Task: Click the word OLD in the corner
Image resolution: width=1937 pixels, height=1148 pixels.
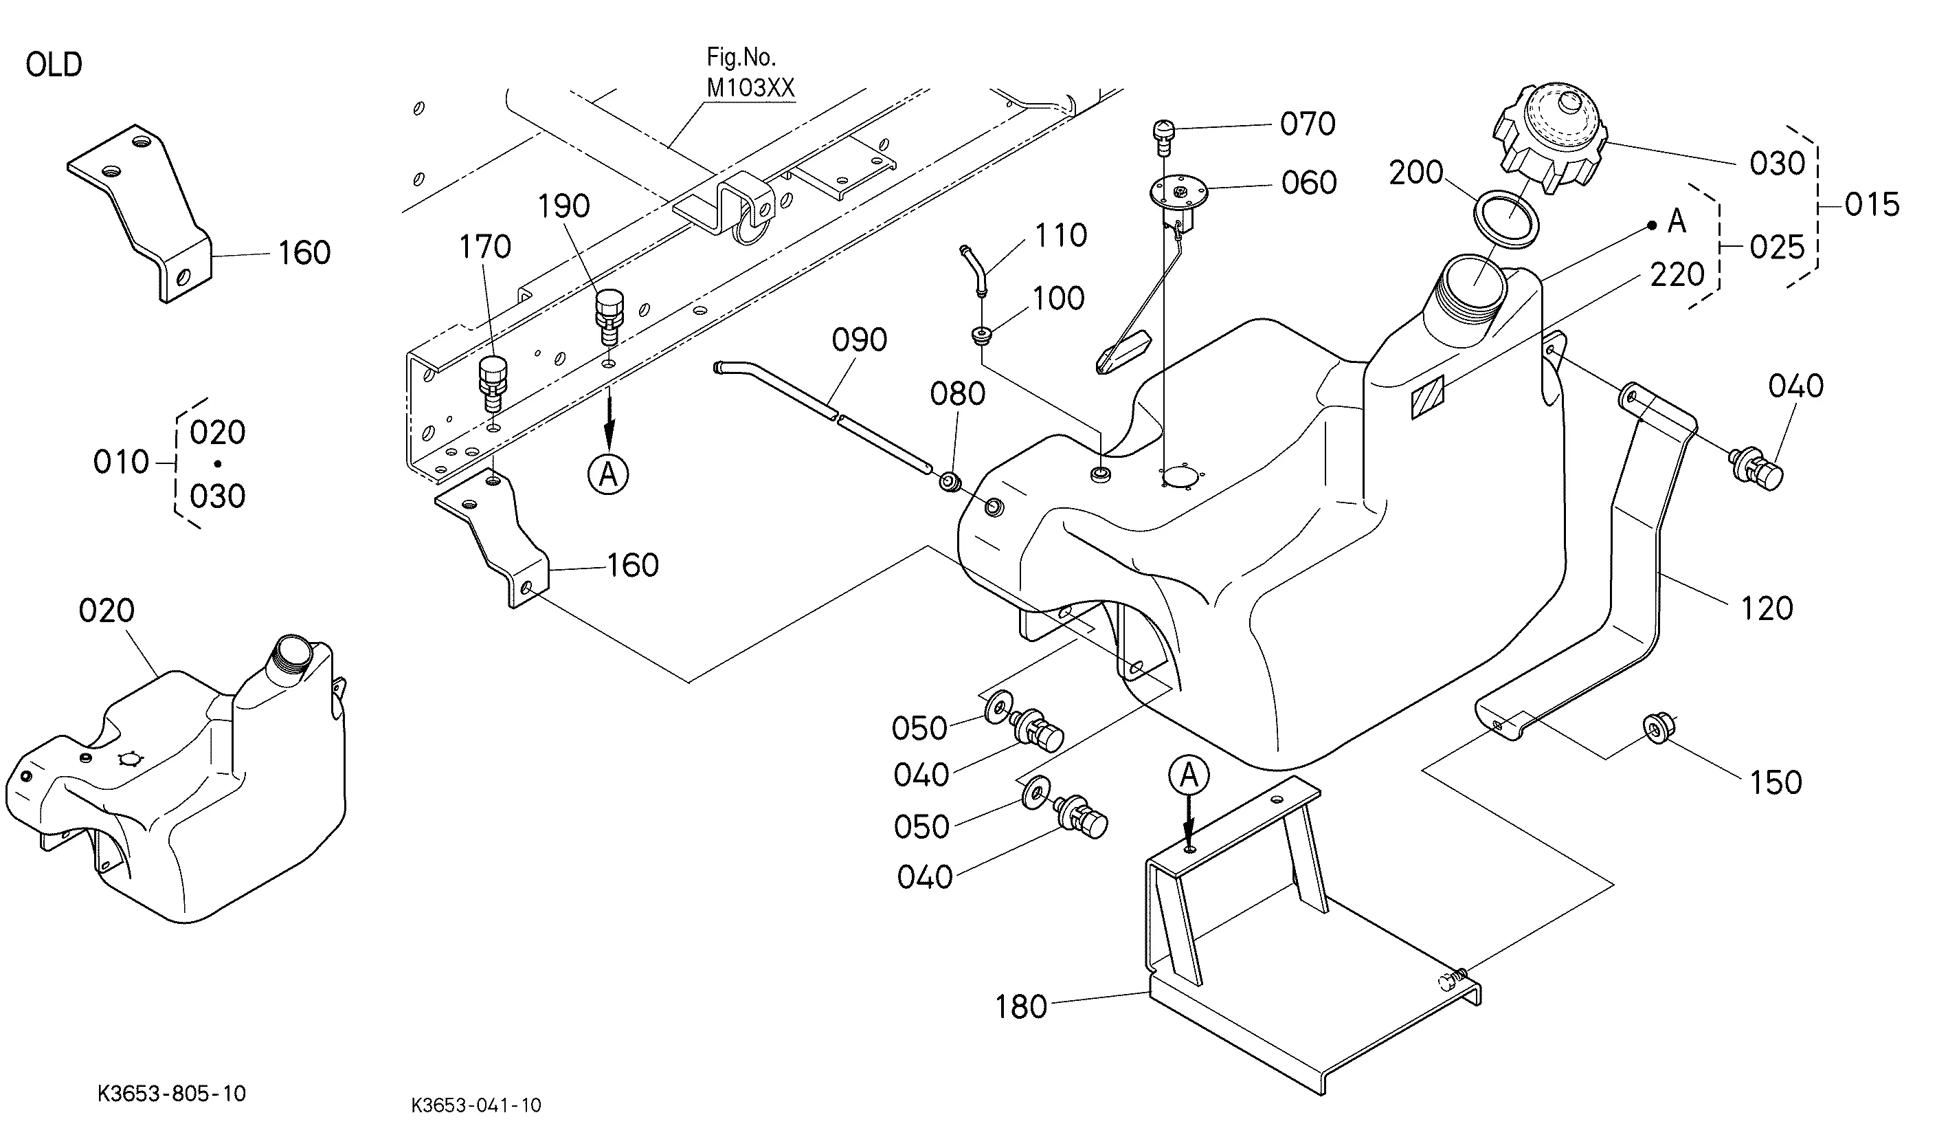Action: click(54, 65)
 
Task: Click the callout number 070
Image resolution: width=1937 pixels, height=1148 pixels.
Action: click(1308, 124)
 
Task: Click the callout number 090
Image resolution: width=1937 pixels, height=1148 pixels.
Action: click(859, 340)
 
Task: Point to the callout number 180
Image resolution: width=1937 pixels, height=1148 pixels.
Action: click(1020, 1007)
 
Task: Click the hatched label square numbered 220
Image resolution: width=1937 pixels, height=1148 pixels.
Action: click(1427, 397)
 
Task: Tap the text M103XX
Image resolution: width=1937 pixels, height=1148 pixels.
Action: click(751, 88)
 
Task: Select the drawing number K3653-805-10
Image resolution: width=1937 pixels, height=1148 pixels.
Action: click(172, 1093)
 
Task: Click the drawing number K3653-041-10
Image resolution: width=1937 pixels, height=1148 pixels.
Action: click(476, 1105)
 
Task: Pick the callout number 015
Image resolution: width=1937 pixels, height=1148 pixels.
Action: click(1872, 205)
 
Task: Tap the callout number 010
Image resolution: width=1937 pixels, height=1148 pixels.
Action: click(122, 463)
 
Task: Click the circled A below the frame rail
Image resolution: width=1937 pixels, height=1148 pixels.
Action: click(609, 474)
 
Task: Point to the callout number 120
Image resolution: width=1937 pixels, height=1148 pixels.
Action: click(1767, 609)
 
